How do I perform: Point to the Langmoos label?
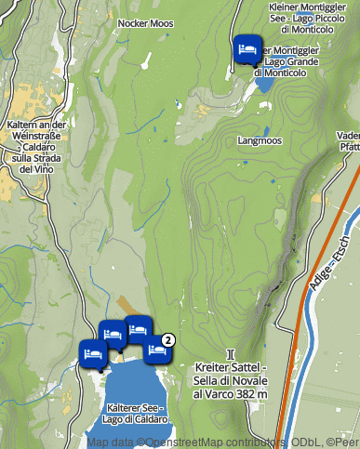260,141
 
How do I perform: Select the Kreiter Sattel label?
231,368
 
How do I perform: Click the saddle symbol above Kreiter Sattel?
230,354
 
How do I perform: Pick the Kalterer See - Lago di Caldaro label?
136,413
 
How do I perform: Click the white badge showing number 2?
168,339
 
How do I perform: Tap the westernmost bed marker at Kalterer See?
92,353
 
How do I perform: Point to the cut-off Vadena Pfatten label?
349,140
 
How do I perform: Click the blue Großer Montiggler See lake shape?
264,83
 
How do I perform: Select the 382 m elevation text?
250,394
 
